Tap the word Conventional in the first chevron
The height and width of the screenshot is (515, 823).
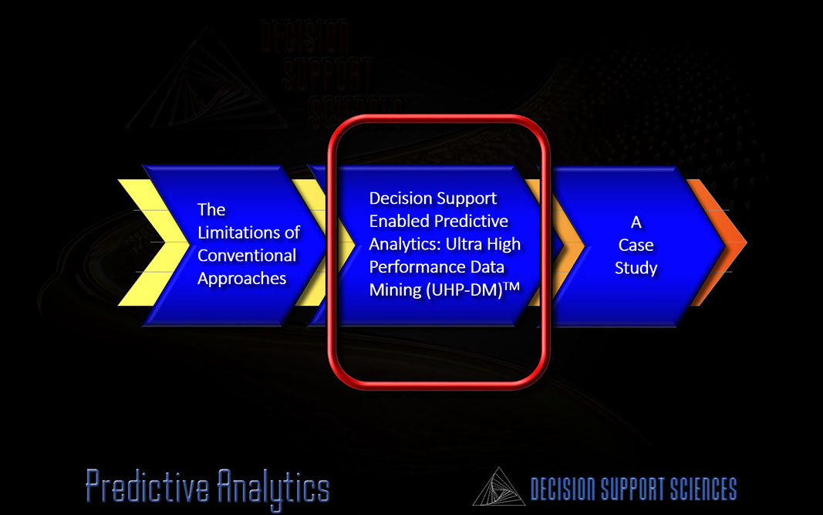point(247,256)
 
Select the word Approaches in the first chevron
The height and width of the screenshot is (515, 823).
point(242,279)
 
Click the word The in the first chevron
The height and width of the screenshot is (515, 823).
point(211,210)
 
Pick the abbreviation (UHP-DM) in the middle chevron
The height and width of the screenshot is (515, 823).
point(464,290)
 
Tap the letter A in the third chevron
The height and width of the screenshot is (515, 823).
point(636,222)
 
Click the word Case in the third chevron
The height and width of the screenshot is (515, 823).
point(636,245)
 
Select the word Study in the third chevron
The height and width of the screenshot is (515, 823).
point(636,268)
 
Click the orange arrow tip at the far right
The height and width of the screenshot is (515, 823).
point(746,242)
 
